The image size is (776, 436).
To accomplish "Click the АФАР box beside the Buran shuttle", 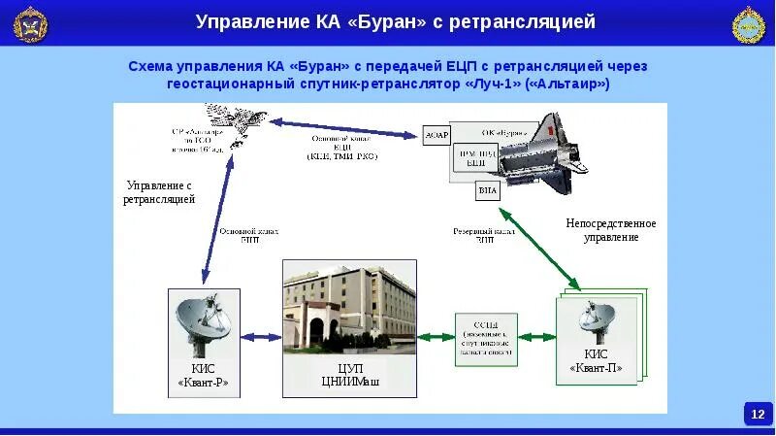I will point(437,135).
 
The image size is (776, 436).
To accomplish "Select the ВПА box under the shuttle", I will point(487,190).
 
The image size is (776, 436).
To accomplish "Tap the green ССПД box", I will point(487,338).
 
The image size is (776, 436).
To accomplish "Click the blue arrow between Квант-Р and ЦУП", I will point(261,337).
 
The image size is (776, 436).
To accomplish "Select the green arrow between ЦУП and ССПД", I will point(436,337).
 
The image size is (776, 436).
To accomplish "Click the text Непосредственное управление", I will point(611,230).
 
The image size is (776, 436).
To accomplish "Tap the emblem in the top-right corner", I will point(748,24).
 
